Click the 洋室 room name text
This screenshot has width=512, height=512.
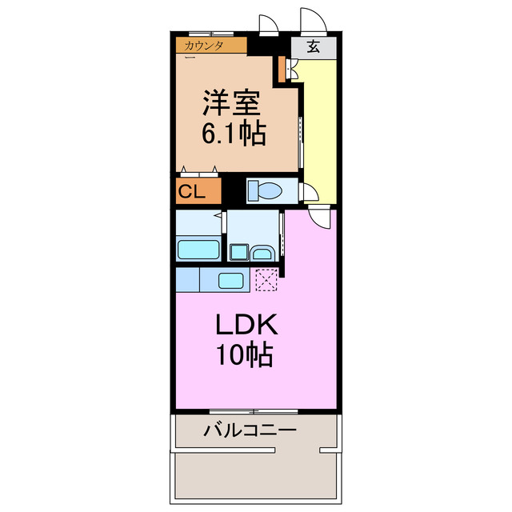234,105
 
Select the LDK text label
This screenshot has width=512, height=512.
246,325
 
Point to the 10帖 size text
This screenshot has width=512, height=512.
246,354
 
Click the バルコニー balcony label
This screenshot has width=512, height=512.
249,430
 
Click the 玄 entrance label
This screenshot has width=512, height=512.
313,46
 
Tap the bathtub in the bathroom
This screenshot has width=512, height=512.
198,249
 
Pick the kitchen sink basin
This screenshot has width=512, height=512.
231,281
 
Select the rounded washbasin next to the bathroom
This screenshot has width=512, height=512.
262,254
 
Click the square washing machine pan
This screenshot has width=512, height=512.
239,253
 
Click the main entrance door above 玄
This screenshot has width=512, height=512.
311,22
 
